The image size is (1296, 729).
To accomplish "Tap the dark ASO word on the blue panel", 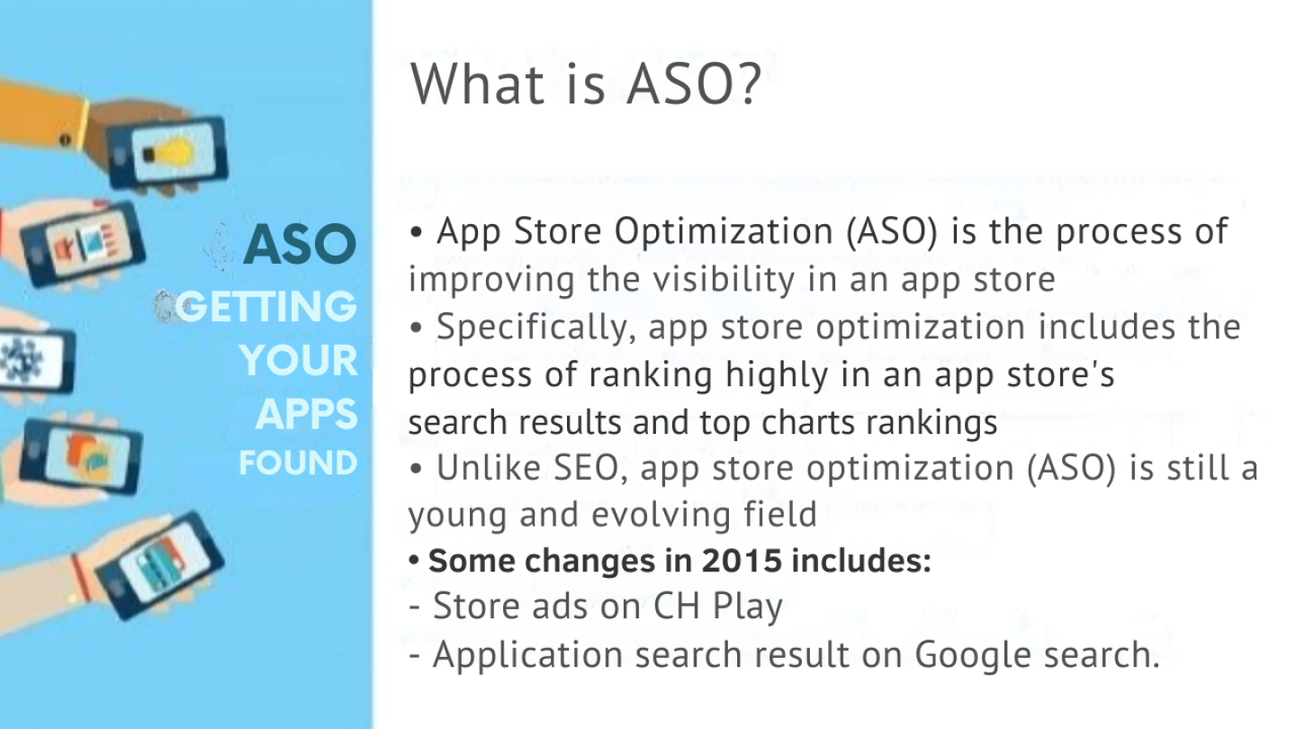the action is coord(300,244).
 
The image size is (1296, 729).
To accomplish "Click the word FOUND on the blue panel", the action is coord(299,463).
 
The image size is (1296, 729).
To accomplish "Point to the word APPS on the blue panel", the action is coord(307,414).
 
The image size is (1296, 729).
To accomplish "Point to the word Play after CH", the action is coord(748,607).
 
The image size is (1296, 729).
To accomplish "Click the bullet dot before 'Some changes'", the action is coord(414,560).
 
